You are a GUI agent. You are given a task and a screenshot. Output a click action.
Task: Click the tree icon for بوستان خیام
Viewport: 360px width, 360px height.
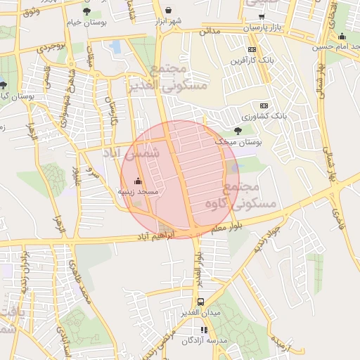click(86, 12)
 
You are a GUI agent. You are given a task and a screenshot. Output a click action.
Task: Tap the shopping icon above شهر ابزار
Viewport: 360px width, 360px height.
click(170, 10)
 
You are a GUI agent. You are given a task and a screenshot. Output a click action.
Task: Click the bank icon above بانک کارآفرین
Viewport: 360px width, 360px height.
click(252, 49)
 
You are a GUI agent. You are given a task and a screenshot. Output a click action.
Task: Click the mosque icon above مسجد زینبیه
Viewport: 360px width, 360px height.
click(137, 181)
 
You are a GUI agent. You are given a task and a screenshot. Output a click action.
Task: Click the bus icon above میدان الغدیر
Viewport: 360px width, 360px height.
click(201, 302)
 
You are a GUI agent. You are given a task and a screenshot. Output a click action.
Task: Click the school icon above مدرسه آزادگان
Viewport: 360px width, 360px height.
click(204, 330)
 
